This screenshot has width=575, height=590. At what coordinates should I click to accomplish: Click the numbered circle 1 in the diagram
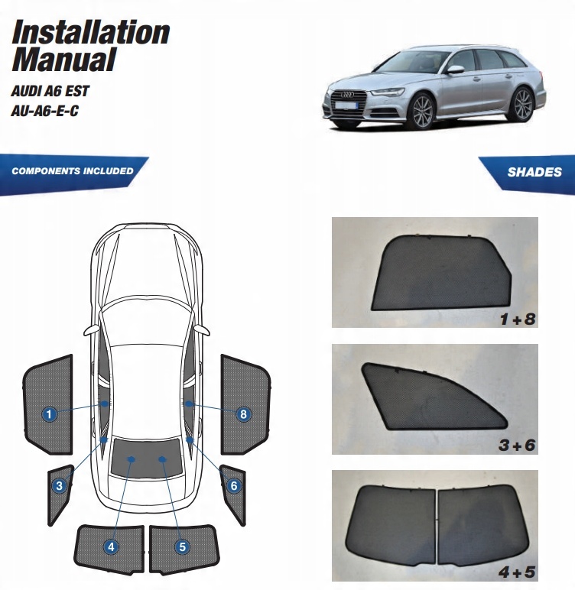(49, 415)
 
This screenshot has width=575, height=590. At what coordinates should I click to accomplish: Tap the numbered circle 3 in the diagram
(59, 485)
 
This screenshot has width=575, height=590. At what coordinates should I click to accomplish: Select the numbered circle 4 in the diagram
(112, 546)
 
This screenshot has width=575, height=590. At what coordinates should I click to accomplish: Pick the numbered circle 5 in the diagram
(182, 546)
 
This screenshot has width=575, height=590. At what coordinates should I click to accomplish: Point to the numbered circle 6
(234, 485)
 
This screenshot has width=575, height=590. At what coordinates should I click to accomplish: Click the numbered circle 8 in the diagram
(243, 414)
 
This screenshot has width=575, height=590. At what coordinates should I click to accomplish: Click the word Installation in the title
(90, 32)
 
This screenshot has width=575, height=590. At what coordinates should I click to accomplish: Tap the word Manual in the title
(63, 59)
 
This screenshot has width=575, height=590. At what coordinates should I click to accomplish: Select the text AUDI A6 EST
(50, 91)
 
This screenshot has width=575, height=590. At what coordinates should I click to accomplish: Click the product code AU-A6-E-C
(45, 111)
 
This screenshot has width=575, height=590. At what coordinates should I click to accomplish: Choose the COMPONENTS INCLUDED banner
(73, 171)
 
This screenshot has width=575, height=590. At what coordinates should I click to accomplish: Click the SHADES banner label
(534, 172)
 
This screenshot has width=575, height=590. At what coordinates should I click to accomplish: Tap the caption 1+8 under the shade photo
(517, 320)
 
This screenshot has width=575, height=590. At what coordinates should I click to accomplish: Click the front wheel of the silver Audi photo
(421, 112)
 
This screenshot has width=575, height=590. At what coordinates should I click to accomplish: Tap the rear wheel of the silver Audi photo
(522, 104)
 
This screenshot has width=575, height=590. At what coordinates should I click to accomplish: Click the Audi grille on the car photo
(348, 102)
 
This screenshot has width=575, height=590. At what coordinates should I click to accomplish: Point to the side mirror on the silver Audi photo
(456, 70)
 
